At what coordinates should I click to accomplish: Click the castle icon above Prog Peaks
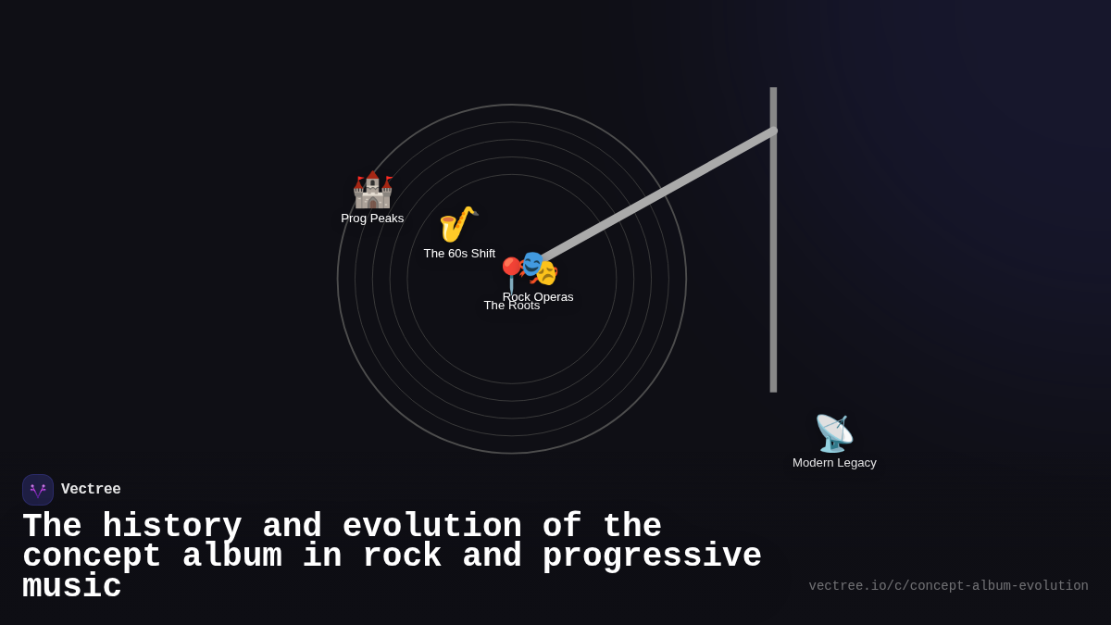point(372,190)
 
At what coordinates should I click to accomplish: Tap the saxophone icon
point(457,224)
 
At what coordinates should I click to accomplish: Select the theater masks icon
point(540,269)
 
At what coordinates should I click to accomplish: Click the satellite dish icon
point(833,433)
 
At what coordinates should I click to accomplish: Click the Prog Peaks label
point(372,219)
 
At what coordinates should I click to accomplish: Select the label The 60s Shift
point(459,254)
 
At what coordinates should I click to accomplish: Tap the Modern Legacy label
point(834,463)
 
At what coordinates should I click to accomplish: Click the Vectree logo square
point(38,490)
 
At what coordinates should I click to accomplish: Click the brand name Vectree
point(91,490)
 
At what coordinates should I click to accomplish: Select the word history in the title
point(171,527)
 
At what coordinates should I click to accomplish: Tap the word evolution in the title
point(431,527)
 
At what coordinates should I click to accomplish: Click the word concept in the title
point(92,556)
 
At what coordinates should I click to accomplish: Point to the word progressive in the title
point(652,556)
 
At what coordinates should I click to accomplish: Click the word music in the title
point(71,587)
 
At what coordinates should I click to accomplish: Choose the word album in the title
point(231,556)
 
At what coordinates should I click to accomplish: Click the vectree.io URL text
point(948,586)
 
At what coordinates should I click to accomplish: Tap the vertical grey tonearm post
point(773,278)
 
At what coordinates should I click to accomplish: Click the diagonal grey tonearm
point(657,194)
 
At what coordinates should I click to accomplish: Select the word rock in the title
point(402,556)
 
